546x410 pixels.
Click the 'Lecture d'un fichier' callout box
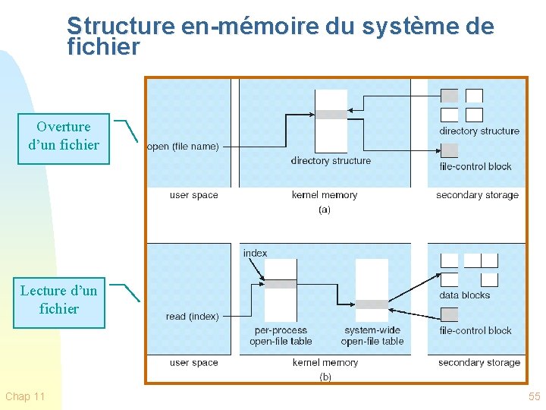(x=59, y=300)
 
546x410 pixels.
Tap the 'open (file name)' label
(x=183, y=147)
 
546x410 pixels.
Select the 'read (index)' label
(x=192, y=317)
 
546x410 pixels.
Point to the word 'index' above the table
(x=256, y=253)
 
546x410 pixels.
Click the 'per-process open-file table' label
(x=281, y=336)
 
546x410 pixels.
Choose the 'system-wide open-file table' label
(x=373, y=336)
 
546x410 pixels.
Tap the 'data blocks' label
(x=464, y=295)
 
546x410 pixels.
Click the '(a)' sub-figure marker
(x=325, y=210)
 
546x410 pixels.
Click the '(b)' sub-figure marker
(x=325, y=377)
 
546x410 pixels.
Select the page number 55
(x=534, y=397)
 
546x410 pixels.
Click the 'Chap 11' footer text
(x=25, y=397)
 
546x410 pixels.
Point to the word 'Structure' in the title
(x=121, y=27)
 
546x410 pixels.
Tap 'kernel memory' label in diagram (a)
(x=325, y=195)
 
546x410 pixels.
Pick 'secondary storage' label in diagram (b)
(x=479, y=363)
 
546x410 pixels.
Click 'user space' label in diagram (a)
(x=193, y=195)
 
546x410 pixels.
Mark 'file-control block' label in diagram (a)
(x=475, y=167)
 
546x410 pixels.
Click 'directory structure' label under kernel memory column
(x=331, y=161)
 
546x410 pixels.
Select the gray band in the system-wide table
(x=372, y=304)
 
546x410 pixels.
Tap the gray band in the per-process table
(x=281, y=284)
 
